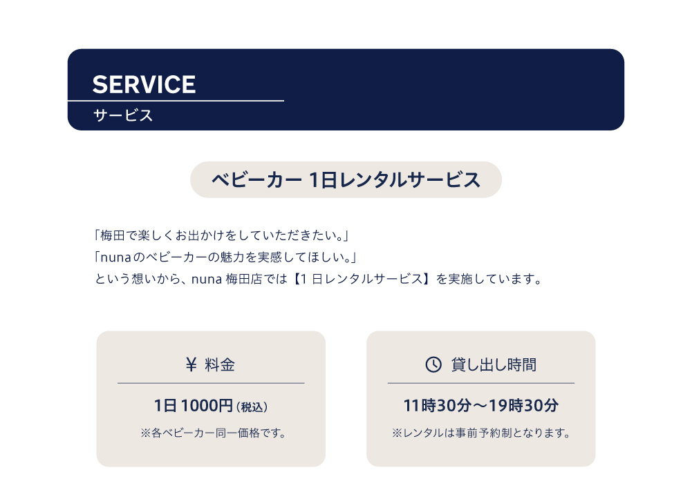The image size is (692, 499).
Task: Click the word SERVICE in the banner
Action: (x=144, y=84)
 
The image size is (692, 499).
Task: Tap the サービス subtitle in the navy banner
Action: (x=123, y=115)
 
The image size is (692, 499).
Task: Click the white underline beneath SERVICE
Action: (x=176, y=101)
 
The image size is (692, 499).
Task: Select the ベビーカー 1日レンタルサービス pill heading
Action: (x=346, y=179)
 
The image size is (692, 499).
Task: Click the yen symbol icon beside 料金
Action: (x=191, y=364)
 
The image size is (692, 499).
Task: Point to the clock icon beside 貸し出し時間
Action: (x=433, y=364)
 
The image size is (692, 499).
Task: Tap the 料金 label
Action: (x=220, y=364)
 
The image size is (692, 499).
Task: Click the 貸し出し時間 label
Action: (x=494, y=364)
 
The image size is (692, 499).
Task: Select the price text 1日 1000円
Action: (x=194, y=405)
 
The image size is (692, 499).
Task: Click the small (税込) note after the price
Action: (x=252, y=407)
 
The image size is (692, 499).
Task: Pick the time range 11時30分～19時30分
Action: (x=481, y=405)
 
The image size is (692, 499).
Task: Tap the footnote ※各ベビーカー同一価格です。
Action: (x=214, y=433)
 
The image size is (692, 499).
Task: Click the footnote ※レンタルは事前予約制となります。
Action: (x=481, y=433)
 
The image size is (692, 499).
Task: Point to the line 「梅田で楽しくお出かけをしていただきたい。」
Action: (x=221, y=235)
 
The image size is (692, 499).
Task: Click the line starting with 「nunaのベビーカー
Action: (x=225, y=257)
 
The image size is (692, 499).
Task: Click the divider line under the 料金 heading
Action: (x=211, y=383)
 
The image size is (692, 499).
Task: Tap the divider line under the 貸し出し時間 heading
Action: (x=481, y=383)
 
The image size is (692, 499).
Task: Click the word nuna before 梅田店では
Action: (x=207, y=280)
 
